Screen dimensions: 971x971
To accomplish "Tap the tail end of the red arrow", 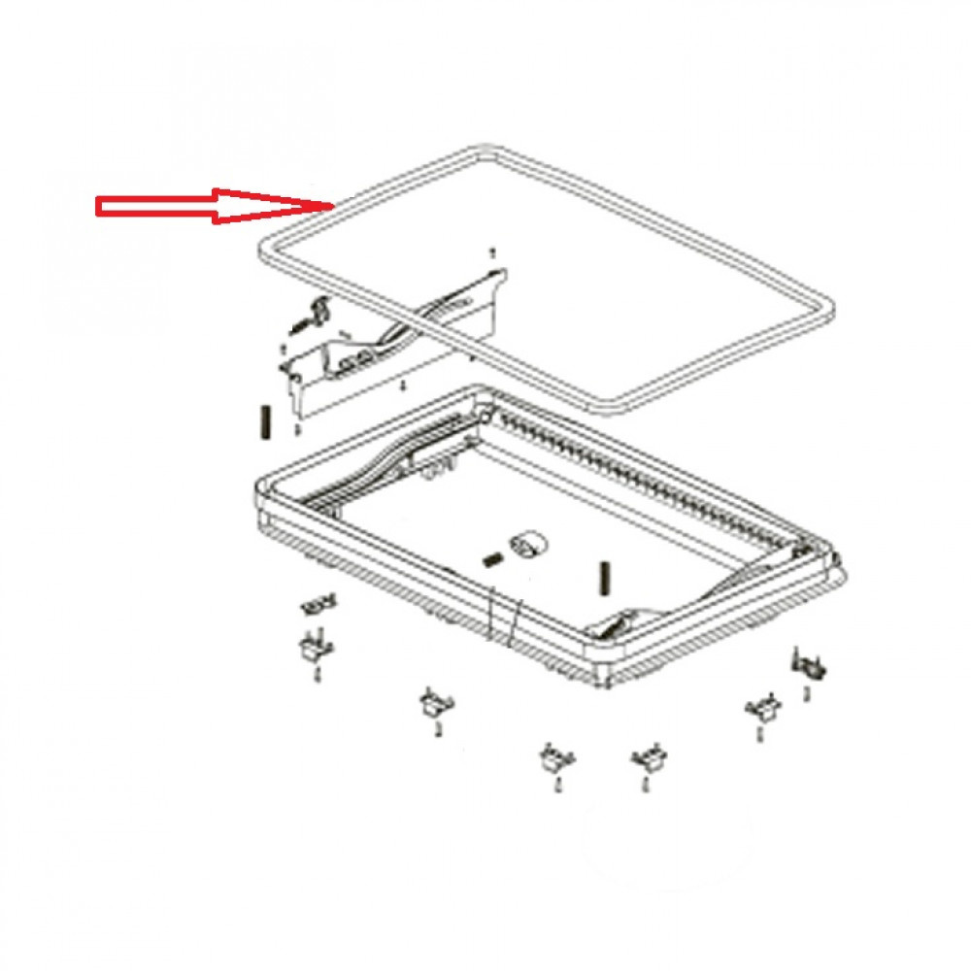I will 98,206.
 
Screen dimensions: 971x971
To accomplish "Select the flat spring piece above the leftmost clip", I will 318,605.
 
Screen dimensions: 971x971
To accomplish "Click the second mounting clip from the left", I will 432,703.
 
